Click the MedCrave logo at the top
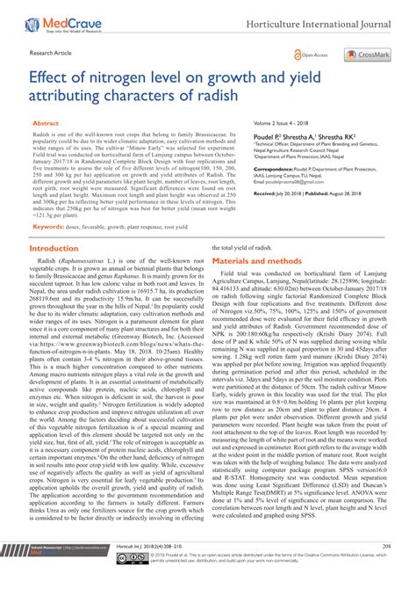[54, 15]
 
